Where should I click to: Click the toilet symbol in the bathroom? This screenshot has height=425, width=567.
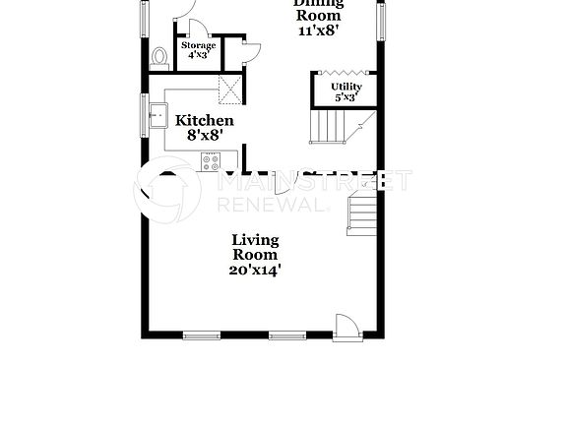(x=158, y=58)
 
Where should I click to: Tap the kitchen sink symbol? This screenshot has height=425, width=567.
(x=156, y=118)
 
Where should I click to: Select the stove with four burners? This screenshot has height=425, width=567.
(x=211, y=161)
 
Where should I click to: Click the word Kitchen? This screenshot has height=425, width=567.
(x=204, y=121)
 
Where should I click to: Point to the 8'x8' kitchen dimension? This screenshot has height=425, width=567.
(x=204, y=136)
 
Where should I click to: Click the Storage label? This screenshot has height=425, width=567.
(x=198, y=45)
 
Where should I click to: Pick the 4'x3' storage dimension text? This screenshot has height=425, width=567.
(x=198, y=56)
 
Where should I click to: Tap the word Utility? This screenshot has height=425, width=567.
(x=346, y=87)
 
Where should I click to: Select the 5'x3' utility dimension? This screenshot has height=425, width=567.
(x=346, y=97)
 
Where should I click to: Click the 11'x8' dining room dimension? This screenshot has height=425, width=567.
(x=318, y=31)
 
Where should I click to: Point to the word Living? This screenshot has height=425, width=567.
(x=255, y=239)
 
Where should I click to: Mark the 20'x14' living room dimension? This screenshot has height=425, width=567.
(x=255, y=270)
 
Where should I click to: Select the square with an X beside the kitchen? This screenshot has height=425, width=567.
(x=229, y=90)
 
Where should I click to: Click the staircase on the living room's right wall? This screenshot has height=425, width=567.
(x=362, y=214)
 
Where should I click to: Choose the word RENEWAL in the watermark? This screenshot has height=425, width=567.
(x=270, y=205)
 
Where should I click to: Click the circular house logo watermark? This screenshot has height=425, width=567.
(x=167, y=189)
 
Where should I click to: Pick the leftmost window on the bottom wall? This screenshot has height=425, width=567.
(x=202, y=335)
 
